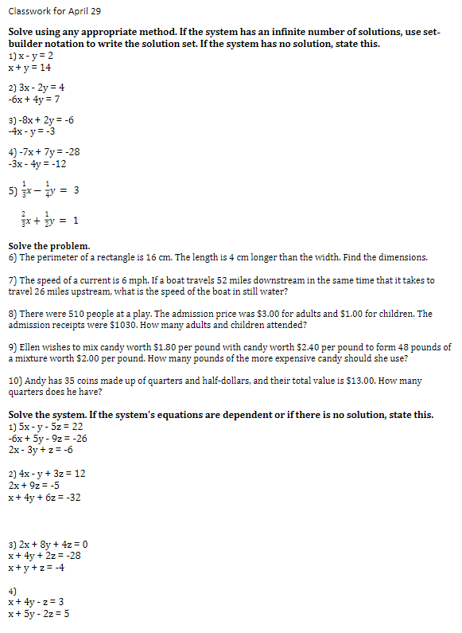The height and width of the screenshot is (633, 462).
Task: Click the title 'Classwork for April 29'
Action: point(55,11)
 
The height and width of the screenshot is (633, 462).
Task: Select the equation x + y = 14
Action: point(29,68)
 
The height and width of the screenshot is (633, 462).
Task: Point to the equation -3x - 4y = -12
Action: point(37,164)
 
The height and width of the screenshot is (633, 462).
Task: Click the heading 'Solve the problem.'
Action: point(49,245)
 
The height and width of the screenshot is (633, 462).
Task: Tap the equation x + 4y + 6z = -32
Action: point(45,498)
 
